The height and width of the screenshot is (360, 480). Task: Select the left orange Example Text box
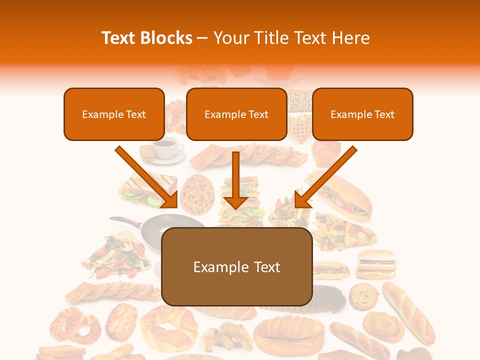pyautogui.click(x=114, y=114)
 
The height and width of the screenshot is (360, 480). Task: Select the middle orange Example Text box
pyautogui.click(x=236, y=114)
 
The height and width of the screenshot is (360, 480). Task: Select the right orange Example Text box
pyautogui.click(x=362, y=114)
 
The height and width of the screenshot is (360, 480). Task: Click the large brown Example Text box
pyautogui.click(x=236, y=267)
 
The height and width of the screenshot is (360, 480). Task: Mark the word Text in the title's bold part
pyautogui.click(x=119, y=38)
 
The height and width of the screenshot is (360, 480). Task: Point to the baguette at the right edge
pyautogui.click(x=407, y=312)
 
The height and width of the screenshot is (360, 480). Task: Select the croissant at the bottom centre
pyautogui.click(x=227, y=335)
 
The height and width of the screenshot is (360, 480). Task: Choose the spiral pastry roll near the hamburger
pyautogui.click(x=362, y=297)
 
